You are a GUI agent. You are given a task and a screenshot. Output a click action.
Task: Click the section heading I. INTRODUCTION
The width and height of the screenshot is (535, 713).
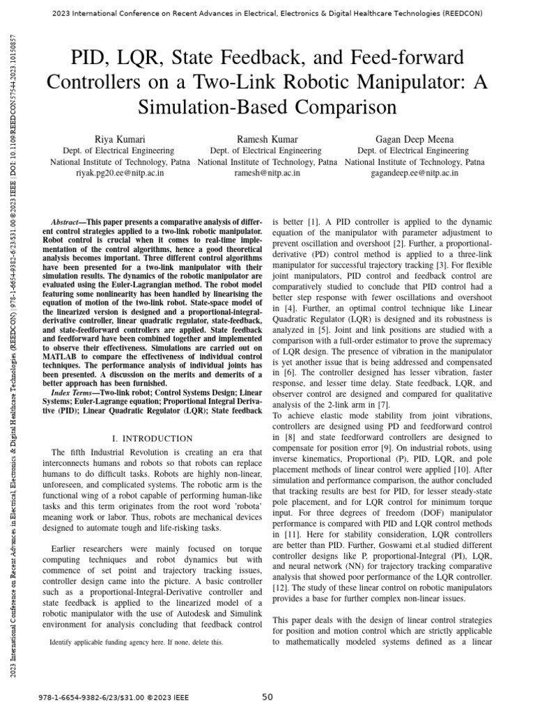coord(152,438)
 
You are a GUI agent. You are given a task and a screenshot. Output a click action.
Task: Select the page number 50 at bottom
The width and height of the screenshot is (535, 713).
coord(267,697)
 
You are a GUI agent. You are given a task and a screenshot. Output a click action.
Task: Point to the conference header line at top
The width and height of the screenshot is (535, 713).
coord(267,13)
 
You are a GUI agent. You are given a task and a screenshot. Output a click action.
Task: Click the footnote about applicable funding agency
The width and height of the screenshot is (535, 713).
coord(137,643)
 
